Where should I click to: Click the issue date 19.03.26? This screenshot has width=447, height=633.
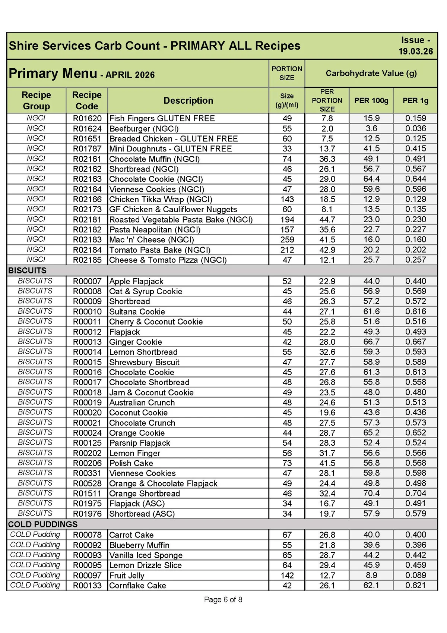[415, 51]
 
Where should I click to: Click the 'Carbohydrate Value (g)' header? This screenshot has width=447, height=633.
[371, 73]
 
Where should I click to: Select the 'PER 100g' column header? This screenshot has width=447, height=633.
[371, 101]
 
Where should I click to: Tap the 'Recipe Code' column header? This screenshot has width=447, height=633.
[87, 101]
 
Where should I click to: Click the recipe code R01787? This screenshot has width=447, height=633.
[87, 149]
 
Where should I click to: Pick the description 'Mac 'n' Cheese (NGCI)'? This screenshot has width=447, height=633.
[152, 240]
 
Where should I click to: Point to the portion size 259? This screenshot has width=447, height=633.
[287, 240]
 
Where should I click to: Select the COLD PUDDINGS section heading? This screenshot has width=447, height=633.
[43, 524]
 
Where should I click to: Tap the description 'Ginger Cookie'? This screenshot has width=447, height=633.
[136, 342]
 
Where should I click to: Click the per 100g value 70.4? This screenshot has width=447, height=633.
[371, 493]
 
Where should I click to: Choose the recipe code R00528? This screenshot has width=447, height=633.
[87, 483]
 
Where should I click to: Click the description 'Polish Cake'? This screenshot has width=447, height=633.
[131, 463]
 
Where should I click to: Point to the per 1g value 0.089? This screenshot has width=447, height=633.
[415, 575]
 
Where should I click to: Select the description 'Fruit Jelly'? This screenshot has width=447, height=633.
[127, 576]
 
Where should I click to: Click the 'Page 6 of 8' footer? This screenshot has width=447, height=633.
[223, 600]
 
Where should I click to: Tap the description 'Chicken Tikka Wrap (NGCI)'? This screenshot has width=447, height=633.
[161, 200]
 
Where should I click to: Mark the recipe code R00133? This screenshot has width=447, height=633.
[87, 586]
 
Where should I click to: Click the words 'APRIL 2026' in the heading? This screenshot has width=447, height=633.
[130, 75]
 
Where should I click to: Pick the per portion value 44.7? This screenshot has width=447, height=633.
[327, 220]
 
